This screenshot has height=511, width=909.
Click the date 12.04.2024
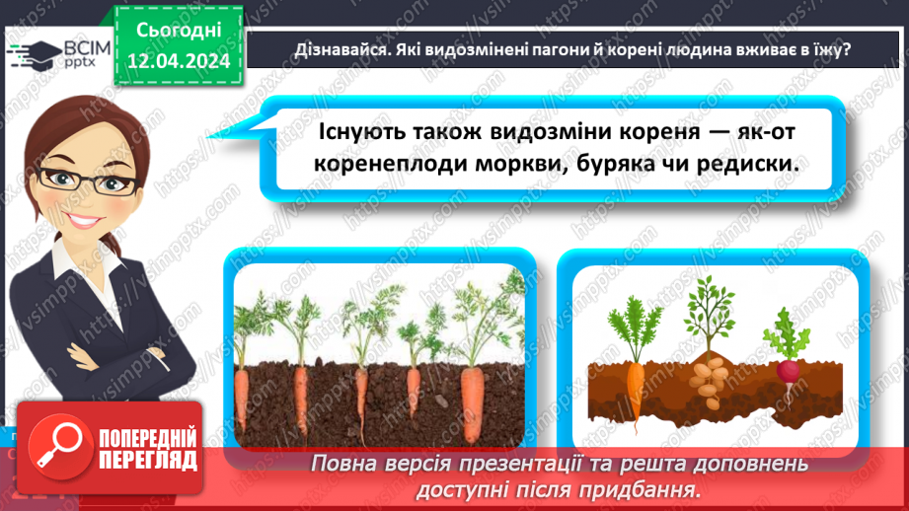coord(179,61)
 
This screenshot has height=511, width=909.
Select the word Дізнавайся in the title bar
coord(335,49)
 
